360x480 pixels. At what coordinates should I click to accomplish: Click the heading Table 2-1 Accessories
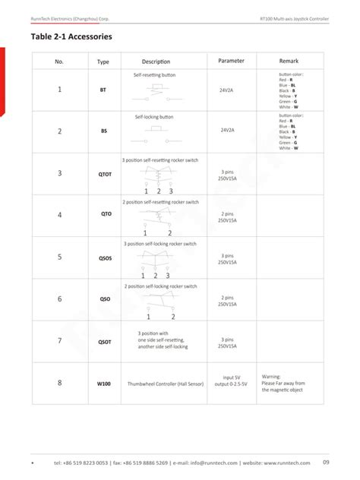[71, 36]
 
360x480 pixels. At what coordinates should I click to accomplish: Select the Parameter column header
[231, 60]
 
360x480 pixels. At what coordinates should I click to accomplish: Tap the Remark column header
[290, 60]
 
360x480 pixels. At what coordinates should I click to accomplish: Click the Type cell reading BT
[103, 90]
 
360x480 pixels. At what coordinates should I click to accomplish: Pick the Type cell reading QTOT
[104, 174]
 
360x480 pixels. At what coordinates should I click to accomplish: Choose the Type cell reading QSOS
[104, 257]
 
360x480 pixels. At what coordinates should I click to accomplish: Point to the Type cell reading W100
[104, 384]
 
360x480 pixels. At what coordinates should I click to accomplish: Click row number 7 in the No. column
[60, 341]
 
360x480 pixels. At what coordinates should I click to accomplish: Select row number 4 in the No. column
[60, 215]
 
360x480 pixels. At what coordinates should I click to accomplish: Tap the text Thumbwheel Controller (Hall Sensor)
[164, 384]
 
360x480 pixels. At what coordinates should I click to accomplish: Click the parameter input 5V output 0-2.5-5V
[231, 381]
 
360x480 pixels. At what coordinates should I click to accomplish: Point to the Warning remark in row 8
[283, 383]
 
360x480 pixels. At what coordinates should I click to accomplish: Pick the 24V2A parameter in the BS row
[227, 130]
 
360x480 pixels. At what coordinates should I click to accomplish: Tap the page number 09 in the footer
[326, 463]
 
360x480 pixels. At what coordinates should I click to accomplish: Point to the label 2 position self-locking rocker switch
[159, 286]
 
